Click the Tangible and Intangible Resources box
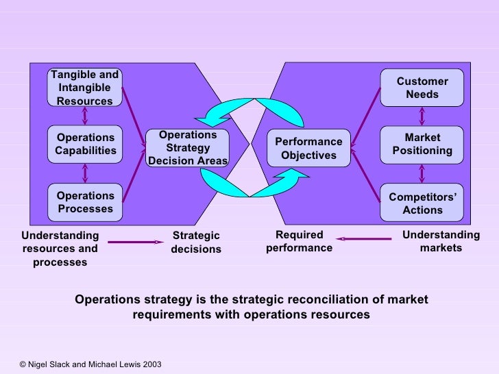(x=85, y=88)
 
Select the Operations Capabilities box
(x=85, y=144)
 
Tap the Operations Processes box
(x=85, y=202)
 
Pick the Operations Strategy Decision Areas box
(x=187, y=148)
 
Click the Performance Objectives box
(x=308, y=148)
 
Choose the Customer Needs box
(x=422, y=88)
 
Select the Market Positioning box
(x=422, y=144)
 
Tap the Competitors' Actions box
(x=422, y=203)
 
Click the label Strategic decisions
(x=196, y=242)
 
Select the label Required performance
(x=299, y=241)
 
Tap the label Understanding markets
(x=441, y=241)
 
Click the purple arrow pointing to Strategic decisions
(x=136, y=242)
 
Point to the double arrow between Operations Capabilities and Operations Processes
(x=85, y=173)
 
